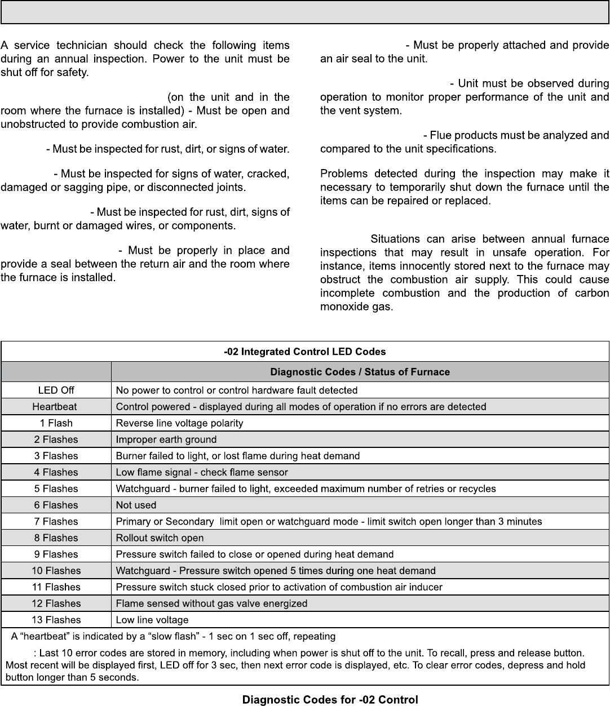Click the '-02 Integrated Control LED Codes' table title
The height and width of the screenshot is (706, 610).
click(305, 352)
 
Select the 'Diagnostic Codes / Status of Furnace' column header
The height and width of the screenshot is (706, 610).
click(360, 372)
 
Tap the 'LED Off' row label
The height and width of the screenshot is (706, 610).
click(56, 390)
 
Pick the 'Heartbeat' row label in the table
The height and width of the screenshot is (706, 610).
click(55, 406)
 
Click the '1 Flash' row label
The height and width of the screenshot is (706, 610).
click(56, 423)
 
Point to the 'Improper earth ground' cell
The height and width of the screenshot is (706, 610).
click(166, 439)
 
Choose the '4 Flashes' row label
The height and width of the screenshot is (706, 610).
click(56, 472)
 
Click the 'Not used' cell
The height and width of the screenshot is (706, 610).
click(136, 505)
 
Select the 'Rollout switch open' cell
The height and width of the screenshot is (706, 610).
click(160, 538)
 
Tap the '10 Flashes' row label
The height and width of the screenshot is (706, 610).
click(56, 571)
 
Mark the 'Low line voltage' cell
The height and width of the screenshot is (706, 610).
click(152, 620)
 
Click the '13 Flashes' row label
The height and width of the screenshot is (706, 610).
click(56, 620)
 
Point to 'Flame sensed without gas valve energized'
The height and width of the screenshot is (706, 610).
click(211, 603)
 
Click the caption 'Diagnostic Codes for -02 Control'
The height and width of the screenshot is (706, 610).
click(330, 700)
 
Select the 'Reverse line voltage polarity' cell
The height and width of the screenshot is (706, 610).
click(179, 423)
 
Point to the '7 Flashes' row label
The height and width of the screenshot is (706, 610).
click(56, 521)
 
